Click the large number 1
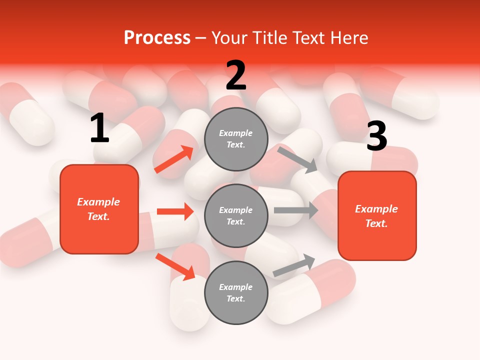point(99,128)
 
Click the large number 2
point(236,75)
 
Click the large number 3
point(376,136)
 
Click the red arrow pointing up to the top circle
point(174,159)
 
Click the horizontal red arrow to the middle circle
point(175,211)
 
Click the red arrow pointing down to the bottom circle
point(175,266)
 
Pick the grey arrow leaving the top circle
point(297,159)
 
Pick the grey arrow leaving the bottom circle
point(294,265)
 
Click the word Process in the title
point(157,37)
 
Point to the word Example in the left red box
point(98,202)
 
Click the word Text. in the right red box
point(376,223)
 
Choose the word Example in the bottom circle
point(236,287)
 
